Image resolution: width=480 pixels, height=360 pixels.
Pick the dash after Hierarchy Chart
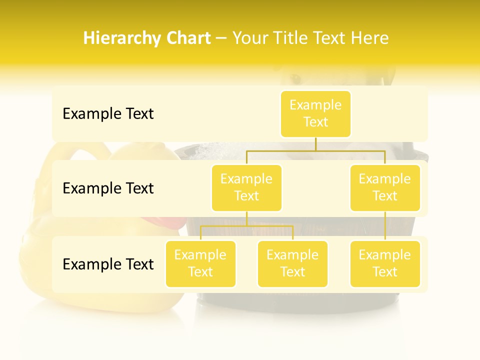pos(221,38)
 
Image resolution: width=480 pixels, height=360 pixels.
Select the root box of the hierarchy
pos(315,113)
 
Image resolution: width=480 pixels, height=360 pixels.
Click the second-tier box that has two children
pos(246,187)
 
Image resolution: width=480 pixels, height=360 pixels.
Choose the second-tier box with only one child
pos(385,187)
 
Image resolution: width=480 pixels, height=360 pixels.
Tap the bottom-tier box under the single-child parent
pos(385,263)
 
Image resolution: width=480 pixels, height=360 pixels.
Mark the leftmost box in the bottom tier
pos(200,263)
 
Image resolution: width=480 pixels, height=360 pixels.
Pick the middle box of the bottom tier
pos(292,263)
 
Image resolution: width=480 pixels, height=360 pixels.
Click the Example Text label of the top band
pos(108,113)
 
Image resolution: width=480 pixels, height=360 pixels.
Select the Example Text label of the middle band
pos(108,188)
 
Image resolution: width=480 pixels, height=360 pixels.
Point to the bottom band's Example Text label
pos(108,263)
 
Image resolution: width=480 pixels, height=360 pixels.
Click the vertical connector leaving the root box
pos(315,144)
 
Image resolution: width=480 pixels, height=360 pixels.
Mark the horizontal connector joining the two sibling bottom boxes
pos(246,226)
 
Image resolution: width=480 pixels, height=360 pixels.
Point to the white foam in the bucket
pos(210,150)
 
